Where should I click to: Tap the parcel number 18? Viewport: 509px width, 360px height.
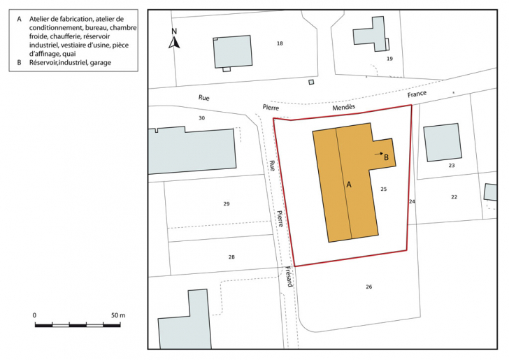pos(280,43)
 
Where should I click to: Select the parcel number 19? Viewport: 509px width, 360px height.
pos(389,59)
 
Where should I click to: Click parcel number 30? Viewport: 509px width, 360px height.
pos(201,118)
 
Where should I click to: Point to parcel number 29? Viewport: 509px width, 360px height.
pos(226,204)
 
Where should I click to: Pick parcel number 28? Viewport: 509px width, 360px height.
pos(231,257)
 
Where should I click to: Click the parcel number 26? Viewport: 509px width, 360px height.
pos(368,287)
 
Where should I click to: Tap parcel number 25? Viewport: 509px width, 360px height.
pos(383,189)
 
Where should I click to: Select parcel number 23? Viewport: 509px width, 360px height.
pos(451,166)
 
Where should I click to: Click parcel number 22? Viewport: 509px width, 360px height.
pos(454,197)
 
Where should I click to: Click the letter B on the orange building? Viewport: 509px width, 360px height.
pos(387,157)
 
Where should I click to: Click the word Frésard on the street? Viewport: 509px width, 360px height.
pos(289,278)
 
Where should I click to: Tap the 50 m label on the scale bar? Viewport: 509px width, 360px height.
pos(117,316)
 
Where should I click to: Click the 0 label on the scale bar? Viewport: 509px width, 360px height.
pos(35,316)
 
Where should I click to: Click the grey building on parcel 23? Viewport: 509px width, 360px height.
pos(442,143)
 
